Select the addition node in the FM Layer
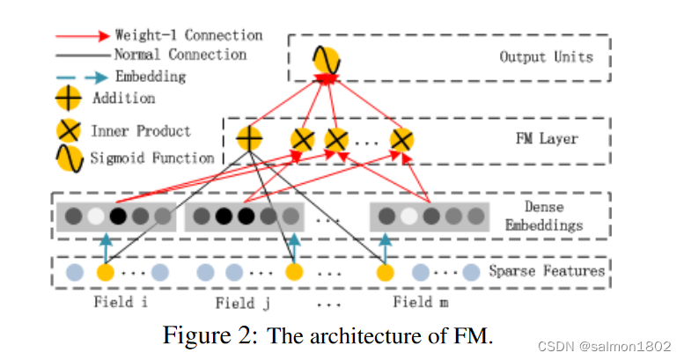(250, 138)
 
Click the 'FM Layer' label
(548, 139)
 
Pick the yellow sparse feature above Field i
(106, 272)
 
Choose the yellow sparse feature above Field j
(294, 272)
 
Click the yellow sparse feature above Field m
(385, 272)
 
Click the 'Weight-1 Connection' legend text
(188, 36)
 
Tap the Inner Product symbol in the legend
(70, 132)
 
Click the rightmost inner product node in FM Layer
(401, 139)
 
